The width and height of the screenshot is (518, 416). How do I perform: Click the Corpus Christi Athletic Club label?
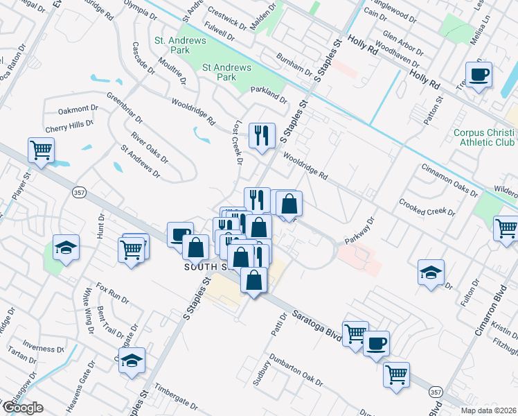(x=484, y=138)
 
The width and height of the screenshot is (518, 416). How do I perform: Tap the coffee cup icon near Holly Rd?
(x=479, y=74)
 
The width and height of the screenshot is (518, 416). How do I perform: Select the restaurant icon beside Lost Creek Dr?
(x=261, y=135)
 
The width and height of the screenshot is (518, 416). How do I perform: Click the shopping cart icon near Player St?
(x=42, y=150)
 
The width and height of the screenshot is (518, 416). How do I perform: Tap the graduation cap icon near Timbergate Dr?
(x=132, y=361)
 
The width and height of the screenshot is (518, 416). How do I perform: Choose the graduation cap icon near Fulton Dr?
(x=431, y=272)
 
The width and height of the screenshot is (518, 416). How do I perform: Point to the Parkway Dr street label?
(x=364, y=233)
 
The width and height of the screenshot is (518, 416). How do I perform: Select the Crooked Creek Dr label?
(x=427, y=207)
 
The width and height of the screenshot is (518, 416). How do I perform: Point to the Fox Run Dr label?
(x=112, y=293)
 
